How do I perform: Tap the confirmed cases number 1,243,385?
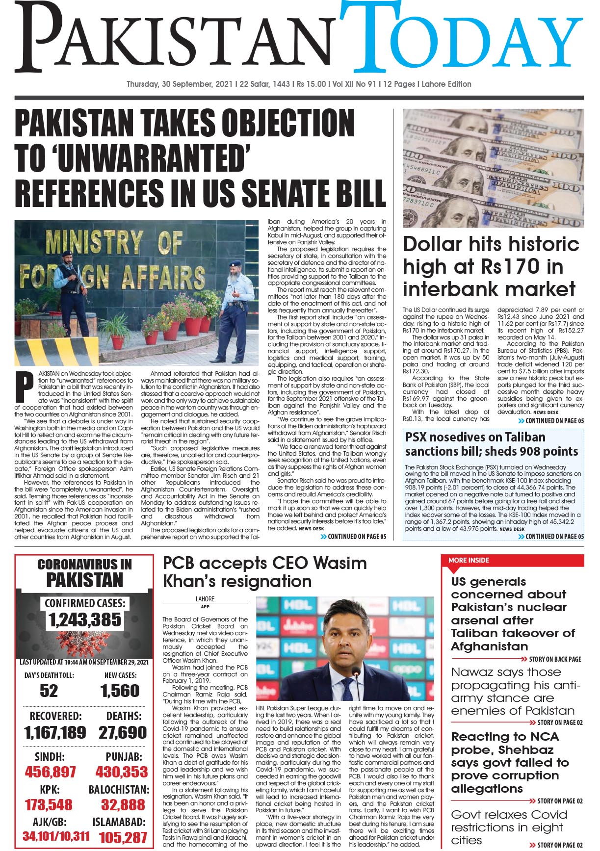coord(85,620)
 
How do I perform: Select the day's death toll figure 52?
coord(49,691)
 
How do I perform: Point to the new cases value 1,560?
coord(120,691)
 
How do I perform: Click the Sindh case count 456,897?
coord(50,772)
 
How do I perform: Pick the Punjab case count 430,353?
coord(122,772)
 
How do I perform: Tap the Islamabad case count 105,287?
coord(123,838)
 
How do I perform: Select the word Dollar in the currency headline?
coord(432,244)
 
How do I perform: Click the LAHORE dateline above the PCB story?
coord(205,599)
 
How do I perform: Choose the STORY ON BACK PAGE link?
coord(554,659)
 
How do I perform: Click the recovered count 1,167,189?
coord(55,733)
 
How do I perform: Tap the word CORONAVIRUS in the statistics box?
coord(84,565)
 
